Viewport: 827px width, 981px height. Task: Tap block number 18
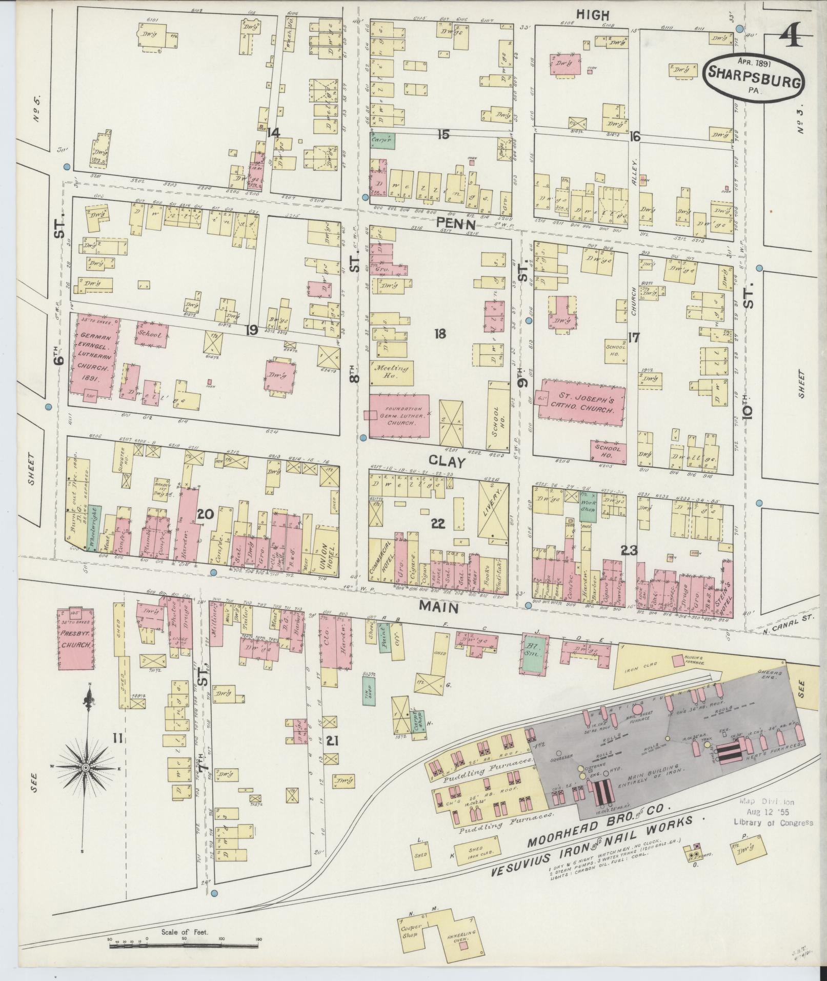[x=439, y=334]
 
